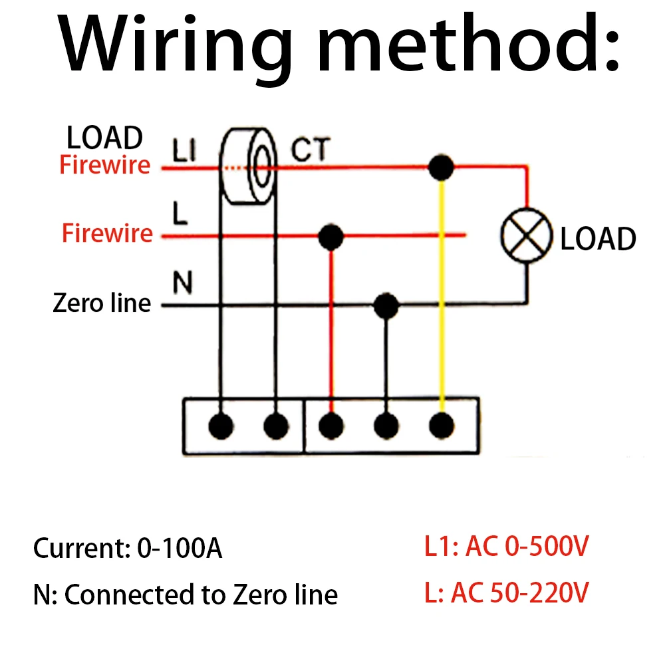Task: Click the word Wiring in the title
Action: point(176,45)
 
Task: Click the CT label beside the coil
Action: point(310,151)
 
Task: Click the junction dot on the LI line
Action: point(440,168)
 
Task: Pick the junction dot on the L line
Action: point(331,235)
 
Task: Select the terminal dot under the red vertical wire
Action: point(331,425)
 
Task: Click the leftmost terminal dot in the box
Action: point(221,425)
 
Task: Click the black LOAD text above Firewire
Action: point(104,138)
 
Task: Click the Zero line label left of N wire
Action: point(102,303)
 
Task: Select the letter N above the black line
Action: point(182,285)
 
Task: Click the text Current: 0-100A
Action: point(128,549)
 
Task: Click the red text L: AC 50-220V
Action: point(506,593)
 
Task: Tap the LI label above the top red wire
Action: point(184,152)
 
